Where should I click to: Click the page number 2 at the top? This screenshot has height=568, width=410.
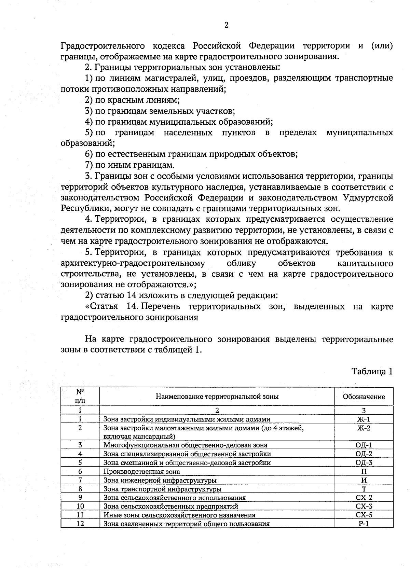(x=226, y=25)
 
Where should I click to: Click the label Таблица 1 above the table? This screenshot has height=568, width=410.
(x=372, y=372)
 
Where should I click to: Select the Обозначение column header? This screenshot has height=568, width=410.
(x=364, y=397)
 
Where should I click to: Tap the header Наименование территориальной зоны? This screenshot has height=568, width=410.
(x=217, y=397)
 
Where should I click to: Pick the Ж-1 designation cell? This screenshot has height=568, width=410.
(x=364, y=419)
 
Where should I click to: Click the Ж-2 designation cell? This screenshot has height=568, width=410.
(x=364, y=428)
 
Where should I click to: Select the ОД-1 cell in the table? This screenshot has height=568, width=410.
(x=364, y=445)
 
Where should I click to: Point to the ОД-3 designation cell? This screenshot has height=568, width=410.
(x=364, y=463)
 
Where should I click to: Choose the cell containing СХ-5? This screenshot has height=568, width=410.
(x=364, y=515)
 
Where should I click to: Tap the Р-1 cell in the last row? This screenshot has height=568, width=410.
(x=364, y=524)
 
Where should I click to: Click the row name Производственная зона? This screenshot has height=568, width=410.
(x=142, y=472)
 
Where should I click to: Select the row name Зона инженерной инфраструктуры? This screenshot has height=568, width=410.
(x=160, y=481)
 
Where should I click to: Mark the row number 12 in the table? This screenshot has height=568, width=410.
(x=80, y=524)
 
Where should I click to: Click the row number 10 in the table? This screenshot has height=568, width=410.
(x=80, y=506)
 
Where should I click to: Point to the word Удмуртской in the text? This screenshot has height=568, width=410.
(x=367, y=198)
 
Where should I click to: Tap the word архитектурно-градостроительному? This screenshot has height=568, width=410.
(x=133, y=263)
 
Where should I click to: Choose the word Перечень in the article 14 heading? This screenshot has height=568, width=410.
(x=160, y=306)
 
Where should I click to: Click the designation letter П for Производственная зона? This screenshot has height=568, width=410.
(x=364, y=472)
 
